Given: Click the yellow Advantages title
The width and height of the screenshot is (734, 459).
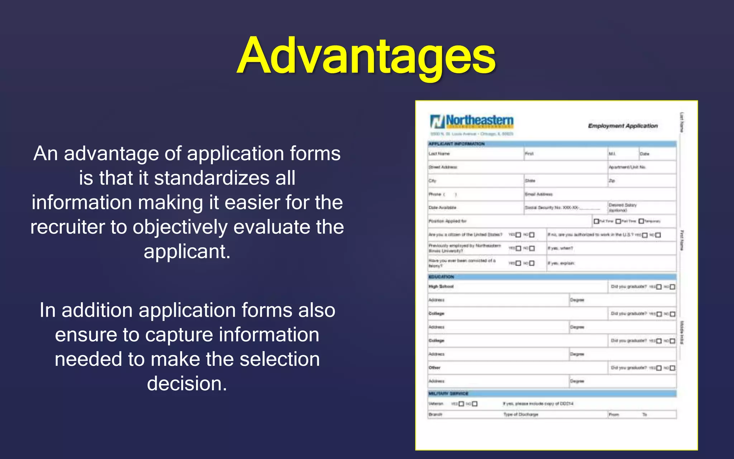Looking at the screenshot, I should click(x=366, y=56).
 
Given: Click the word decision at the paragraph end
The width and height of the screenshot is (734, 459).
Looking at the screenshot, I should click(x=187, y=384).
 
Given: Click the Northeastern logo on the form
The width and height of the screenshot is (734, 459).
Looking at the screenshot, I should click(x=472, y=122).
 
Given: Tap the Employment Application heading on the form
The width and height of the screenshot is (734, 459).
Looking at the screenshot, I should click(x=623, y=126).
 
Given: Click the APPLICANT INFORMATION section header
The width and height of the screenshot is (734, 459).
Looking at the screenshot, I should click(x=457, y=144).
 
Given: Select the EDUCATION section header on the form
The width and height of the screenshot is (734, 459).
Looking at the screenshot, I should click(x=441, y=277).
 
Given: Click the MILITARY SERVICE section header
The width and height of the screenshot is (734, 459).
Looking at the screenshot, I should click(x=448, y=393).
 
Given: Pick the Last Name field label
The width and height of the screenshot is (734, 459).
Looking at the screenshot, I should click(x=439, y=154).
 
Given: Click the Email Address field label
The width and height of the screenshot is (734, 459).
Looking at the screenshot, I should click(x=539, y=194).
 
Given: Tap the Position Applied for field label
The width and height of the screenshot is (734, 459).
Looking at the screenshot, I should click(x=448, y=221).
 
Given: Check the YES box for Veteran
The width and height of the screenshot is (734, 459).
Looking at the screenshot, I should click(x=461, y=404).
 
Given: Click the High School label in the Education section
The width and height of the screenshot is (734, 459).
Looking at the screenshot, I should click(x=441, y=287).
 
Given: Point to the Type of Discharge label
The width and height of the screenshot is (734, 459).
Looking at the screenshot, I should click(x=521, y=415).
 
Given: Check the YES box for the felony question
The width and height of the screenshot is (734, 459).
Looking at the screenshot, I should click(x=518, y=263).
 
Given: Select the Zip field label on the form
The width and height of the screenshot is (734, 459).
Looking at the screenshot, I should click(x=612, y=181).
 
